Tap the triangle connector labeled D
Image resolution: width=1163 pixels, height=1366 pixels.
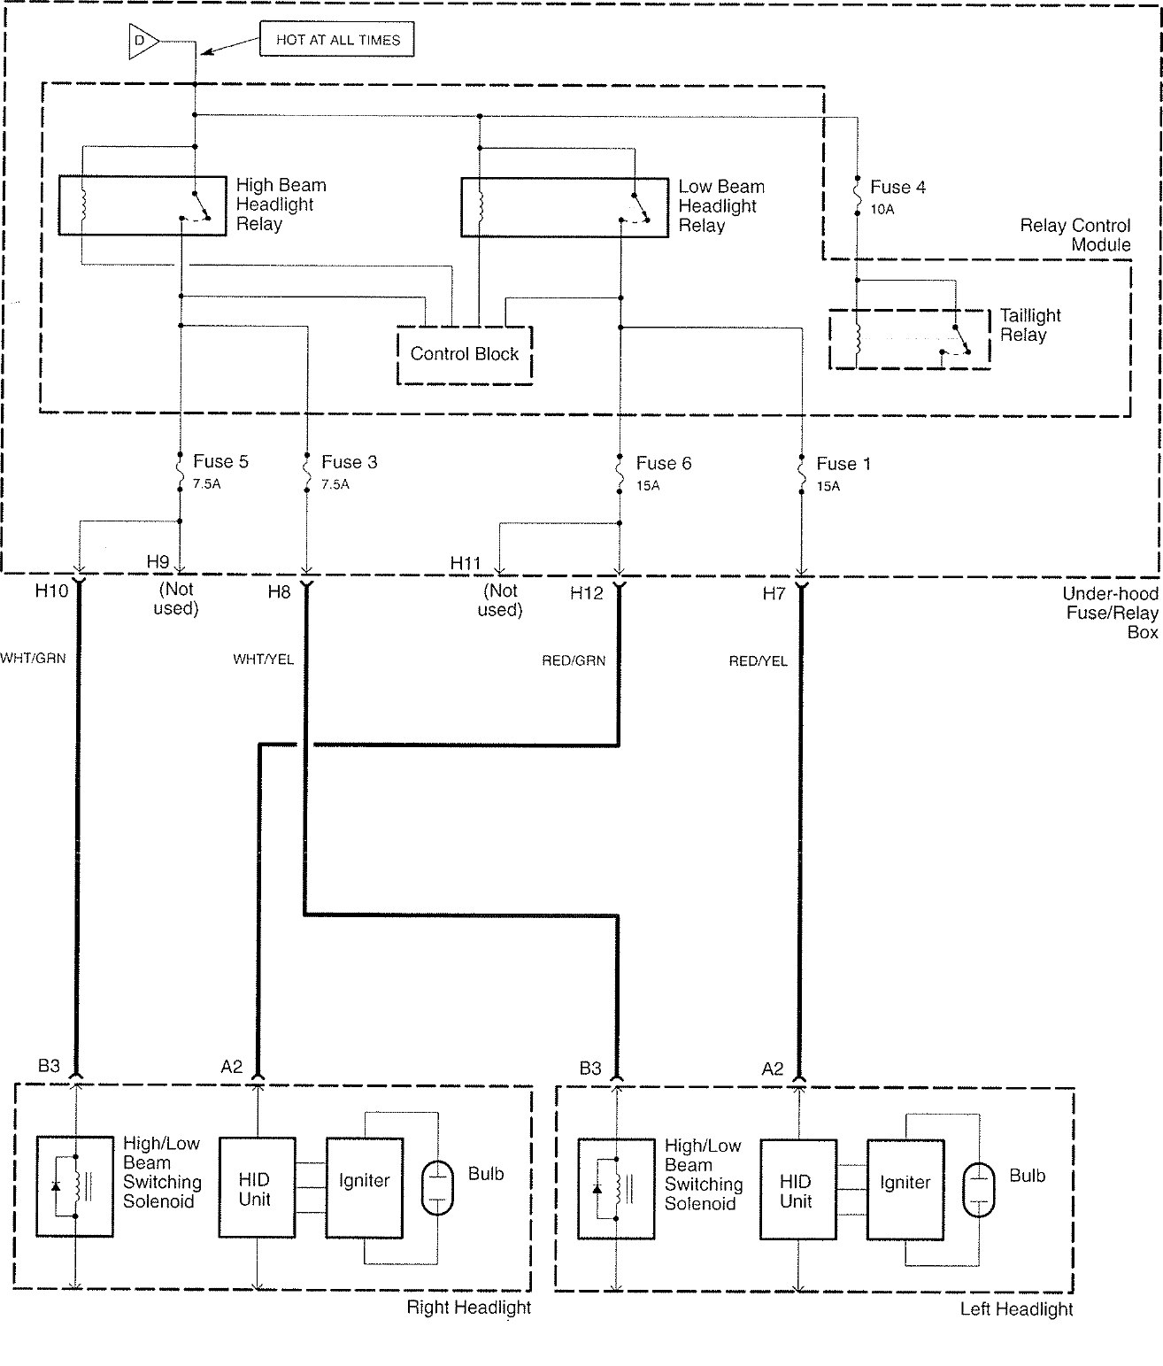coord(142,41)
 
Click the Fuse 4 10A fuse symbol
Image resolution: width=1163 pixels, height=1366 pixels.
coord(857,196)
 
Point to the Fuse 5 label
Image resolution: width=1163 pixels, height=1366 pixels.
coord(220,461)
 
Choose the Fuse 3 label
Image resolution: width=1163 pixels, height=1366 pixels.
coord(350,462)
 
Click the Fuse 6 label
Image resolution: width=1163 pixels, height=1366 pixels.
coord(664,463)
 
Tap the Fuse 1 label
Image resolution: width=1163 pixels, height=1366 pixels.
coord(843,464)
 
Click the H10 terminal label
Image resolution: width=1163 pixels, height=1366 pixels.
coord(51,590)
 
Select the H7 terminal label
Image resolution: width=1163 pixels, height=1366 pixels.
coord(774,593)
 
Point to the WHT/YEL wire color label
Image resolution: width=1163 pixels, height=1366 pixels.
coord(263,659)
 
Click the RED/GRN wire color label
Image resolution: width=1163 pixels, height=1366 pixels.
coord(574,660)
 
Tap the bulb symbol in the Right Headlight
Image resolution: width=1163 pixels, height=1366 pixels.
coord(437,1187)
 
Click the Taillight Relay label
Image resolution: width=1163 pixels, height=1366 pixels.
coord(1029,325)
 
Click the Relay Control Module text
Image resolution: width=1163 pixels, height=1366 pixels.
coord(1075,235)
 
